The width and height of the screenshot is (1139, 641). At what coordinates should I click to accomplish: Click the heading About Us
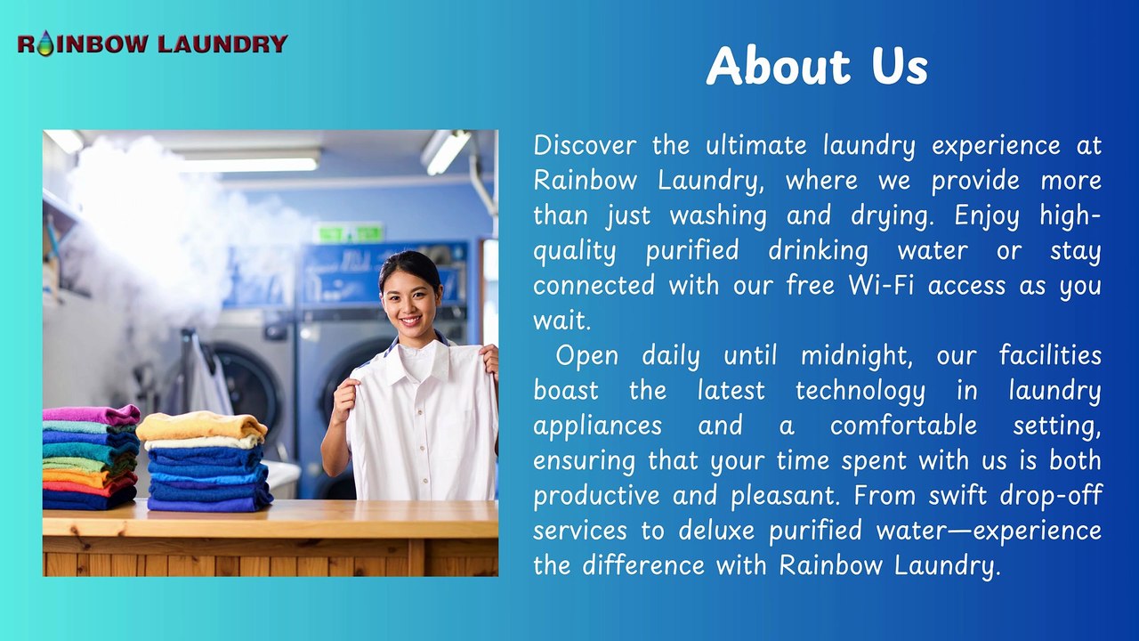pos(817,66)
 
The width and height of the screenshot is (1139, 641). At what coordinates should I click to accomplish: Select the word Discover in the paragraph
pos(584,145)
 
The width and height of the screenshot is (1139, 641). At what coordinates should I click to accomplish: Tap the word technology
pos(860,391)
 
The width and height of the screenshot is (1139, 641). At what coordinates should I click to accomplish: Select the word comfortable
pos(903,426)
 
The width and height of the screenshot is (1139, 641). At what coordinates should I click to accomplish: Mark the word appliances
pos(597,426)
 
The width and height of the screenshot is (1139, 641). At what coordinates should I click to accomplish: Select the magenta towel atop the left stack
pos(91,415)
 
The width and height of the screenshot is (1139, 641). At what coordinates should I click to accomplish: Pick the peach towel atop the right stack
pos(201,426)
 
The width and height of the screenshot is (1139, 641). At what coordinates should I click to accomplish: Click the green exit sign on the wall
pos(348,232)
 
